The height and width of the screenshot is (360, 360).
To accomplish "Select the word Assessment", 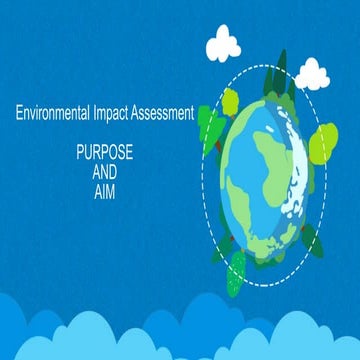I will click(167, 113).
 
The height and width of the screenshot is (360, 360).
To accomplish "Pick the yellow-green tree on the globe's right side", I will click(322, 144).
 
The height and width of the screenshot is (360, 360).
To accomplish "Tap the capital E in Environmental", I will click(18, 113).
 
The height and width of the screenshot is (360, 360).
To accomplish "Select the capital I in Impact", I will click(103, 113).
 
